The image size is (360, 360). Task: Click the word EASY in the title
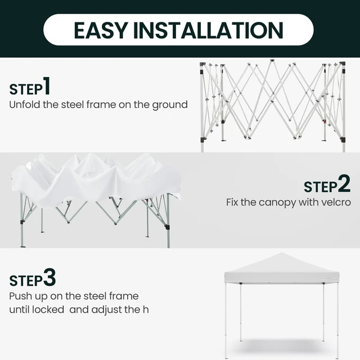101,30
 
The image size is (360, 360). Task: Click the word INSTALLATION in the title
208,30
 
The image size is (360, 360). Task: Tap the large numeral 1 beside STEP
47,86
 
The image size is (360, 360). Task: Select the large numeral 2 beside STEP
344,183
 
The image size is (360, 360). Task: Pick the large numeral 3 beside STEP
49,277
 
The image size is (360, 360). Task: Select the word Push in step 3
20,296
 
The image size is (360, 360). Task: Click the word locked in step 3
48,309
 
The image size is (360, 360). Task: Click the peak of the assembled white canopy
282,253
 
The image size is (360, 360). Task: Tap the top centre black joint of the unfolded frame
272,61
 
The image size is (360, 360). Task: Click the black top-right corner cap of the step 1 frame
343,64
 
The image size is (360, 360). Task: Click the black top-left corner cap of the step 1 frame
202,64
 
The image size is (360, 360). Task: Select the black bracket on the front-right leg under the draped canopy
167,227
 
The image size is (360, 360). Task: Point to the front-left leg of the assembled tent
226,320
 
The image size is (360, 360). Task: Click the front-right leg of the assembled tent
337,320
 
